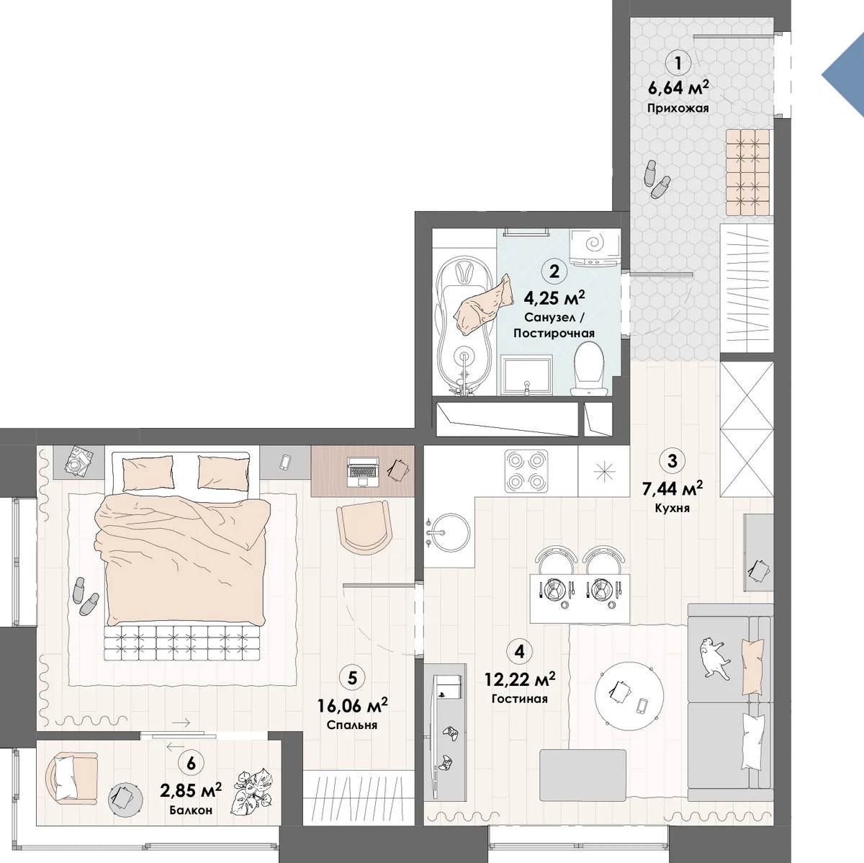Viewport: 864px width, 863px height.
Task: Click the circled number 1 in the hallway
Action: [678, 63]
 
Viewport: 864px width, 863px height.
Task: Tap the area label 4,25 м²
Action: [554, 298]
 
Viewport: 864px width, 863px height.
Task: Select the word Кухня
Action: [672, 509]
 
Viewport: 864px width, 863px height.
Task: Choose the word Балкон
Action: [191, 810]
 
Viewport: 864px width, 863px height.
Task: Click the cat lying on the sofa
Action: [715, 656]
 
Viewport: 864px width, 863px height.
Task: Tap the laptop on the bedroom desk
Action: [363, 471]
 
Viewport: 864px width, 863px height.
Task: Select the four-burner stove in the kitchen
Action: [526, 471]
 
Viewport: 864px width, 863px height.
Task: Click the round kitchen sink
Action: [449, 532]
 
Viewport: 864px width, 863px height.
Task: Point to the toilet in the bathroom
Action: [589, 368]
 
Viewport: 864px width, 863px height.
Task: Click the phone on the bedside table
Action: [285, 462]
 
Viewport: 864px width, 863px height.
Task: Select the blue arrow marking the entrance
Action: [843, 76]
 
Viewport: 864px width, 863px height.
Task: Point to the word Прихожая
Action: [678, 108]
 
